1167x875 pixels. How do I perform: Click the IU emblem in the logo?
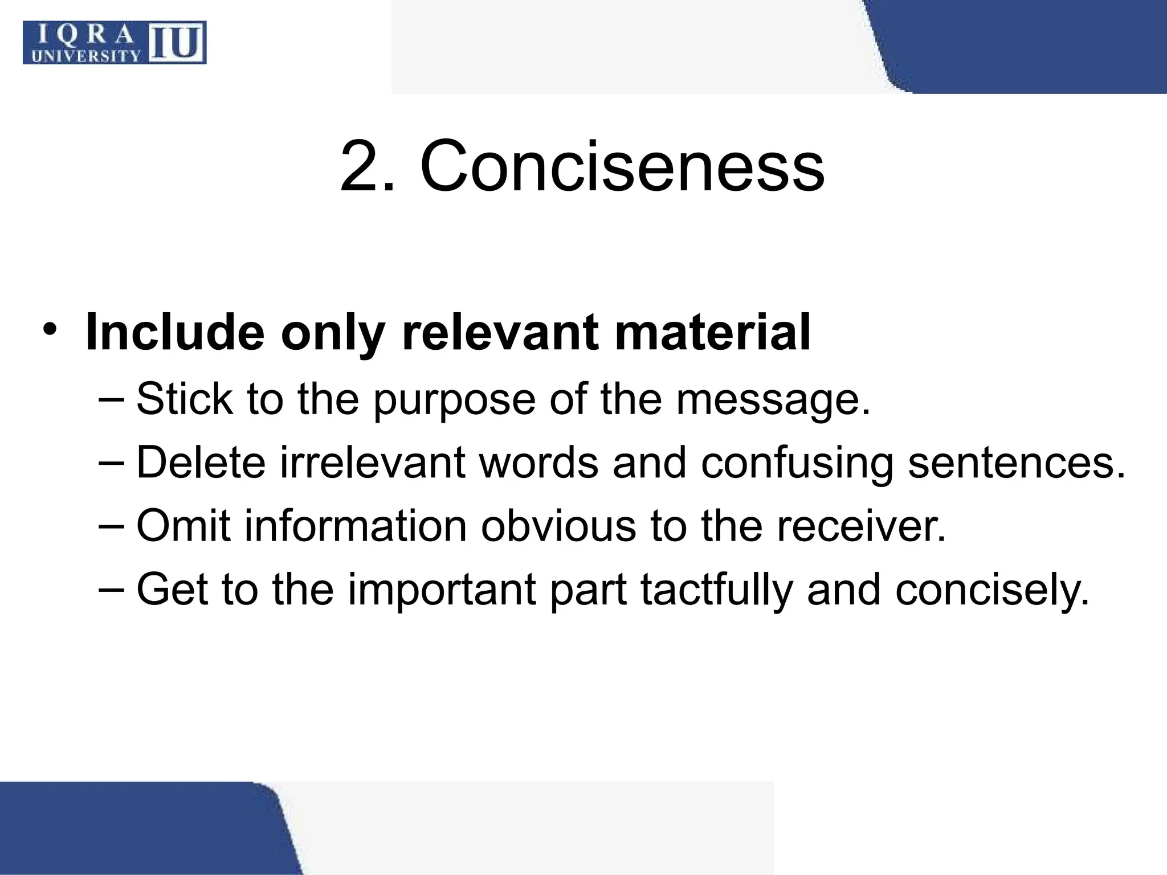pyautogui.click(x=177, y=42)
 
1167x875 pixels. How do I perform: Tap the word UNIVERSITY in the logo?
pyautogui.click(x=86, y=56)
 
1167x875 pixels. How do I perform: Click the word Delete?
pyautogui.click(x=201, y=462)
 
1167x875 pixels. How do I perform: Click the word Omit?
pyautogui.click(x=183, y=525)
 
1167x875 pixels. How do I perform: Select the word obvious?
pyautogui.click(x=558, y=525)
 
